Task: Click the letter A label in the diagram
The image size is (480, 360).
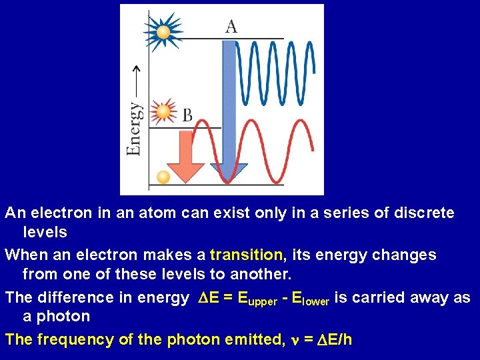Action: [x=231, y=27]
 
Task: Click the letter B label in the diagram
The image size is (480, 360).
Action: [x=187, y=116]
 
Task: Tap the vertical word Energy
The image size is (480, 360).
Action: [x=134, y=128]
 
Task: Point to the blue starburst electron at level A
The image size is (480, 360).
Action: [x=162, y=31]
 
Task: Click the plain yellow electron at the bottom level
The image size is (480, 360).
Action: [x=162, y=177]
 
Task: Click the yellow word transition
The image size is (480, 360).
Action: [x=246, y=255]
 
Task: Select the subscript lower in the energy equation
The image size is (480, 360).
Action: [x=315, y=301]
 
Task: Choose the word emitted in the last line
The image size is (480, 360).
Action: [x=251, y=339]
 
